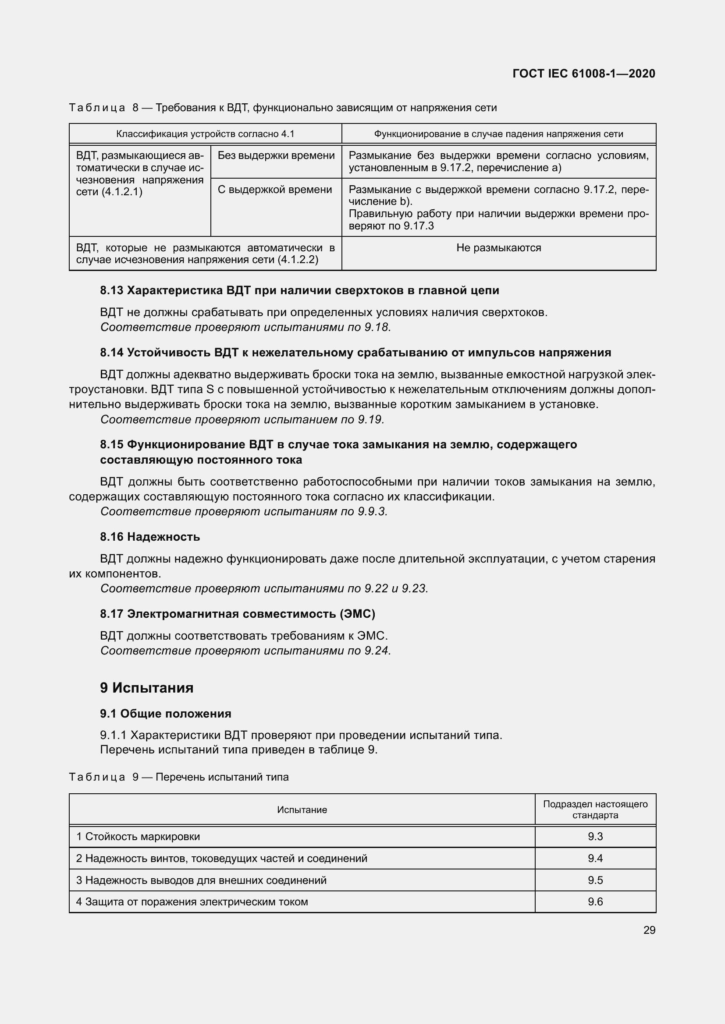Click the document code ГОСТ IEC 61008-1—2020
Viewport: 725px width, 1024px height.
coord(584,74)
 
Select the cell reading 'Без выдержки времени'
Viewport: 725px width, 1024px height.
coord(276,156)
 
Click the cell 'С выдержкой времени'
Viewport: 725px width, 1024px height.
coord(274,190)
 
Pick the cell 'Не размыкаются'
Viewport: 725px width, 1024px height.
coord(499,248)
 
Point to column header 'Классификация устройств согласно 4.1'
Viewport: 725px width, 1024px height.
coord(205,134)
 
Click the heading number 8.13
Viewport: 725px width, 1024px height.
coord(112,290)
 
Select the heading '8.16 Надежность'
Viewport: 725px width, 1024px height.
coord(150,537)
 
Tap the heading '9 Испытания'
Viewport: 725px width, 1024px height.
coord(146,688)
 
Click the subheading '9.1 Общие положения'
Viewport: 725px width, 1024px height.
coord(166,714)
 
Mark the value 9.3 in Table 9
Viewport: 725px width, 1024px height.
coord(595,837)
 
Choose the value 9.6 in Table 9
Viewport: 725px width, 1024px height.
coord(595,902)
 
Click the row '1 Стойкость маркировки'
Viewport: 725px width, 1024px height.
coord(138,837)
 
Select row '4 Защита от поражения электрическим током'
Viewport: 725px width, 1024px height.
coord(192,902)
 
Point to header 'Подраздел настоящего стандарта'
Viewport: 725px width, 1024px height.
coord(595,809)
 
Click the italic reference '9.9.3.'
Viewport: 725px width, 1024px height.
coord(372,511)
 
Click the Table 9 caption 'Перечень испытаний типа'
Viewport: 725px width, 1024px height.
coord(222,777)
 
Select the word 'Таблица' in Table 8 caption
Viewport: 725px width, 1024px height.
coord(97,108)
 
